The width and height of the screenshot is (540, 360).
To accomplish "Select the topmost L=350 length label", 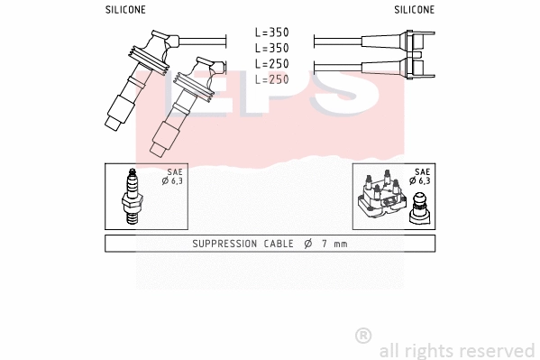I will (271, 32).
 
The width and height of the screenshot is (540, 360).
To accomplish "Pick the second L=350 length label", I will (271, 48).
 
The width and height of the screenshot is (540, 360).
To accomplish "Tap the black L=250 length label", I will (271, 64).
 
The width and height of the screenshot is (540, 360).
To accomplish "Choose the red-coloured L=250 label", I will (271, 79).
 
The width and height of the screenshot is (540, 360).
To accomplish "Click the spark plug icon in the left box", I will (133, 198).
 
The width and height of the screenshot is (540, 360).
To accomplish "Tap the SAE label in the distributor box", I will (421, 171).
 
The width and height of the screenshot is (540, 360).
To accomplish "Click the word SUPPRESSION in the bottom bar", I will (225, 244).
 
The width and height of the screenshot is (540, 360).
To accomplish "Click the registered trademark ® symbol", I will (363, 336).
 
